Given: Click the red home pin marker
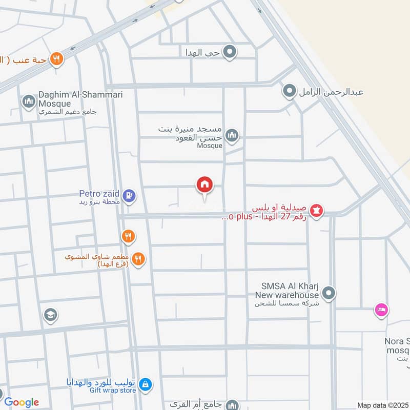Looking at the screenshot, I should [x=204, y=185].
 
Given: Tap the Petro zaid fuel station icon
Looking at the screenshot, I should [x=130, y=195].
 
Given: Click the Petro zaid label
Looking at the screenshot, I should [x=99, y=194].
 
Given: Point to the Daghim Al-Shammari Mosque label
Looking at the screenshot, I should [x=67, y=100].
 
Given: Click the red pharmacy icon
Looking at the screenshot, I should [x=317, y=210].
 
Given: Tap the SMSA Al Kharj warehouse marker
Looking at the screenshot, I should [x=330, y=294].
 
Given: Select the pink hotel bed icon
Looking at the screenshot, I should [x=381, y=310].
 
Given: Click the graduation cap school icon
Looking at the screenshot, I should [x=50, y=314].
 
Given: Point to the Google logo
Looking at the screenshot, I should [x=22, y=402].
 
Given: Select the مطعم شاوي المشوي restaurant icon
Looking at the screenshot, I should [x=137, y=259].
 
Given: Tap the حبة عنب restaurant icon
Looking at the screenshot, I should [x=56, y=59].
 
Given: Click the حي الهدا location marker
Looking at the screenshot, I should [x=230, y=51].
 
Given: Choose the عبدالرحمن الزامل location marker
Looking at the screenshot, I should [x=290, y=92].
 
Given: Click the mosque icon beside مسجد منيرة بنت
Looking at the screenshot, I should [x=232, y=135].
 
